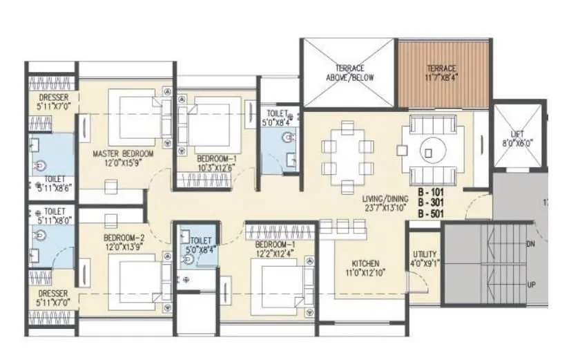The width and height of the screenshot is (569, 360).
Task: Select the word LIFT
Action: click(x=517, y=134)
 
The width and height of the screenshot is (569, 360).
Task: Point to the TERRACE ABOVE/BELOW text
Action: click(x=349, y=73)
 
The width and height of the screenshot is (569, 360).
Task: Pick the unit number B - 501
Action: click(x=432, y=214)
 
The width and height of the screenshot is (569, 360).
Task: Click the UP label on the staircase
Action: click(x=531, y=285)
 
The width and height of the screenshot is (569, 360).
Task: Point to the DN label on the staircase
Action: click(x=531, y=244)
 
